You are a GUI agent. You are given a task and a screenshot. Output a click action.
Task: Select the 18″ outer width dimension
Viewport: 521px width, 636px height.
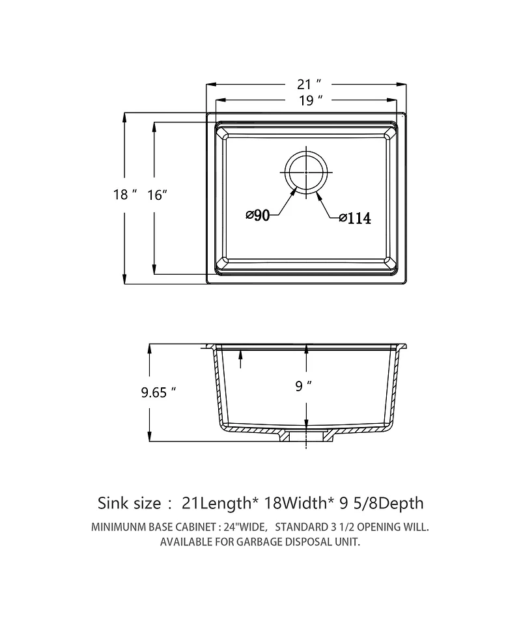(124, 195)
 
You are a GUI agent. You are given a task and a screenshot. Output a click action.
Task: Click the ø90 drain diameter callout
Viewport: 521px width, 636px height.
(258, 215)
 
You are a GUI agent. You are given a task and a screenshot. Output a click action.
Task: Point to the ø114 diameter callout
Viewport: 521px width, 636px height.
(355, 218)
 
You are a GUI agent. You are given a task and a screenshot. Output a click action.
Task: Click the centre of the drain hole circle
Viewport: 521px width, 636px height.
(306, 172)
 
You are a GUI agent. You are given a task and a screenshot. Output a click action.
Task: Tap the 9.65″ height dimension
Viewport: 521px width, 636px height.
(158, 393)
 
